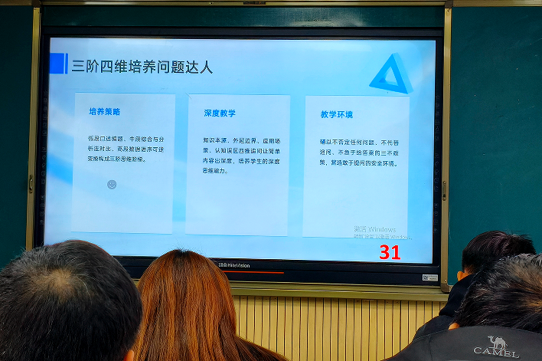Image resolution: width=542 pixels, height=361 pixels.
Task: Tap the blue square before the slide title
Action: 58,64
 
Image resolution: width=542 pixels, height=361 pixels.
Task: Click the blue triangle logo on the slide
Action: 391,74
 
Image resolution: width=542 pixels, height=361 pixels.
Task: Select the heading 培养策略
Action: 104,112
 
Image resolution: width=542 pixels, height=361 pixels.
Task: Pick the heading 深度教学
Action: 220,113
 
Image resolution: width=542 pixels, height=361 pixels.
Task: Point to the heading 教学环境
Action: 337,115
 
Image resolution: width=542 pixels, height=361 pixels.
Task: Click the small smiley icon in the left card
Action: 112,185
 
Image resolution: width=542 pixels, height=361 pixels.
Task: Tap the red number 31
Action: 390,252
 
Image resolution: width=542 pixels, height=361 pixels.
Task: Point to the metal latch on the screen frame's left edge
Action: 31,183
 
